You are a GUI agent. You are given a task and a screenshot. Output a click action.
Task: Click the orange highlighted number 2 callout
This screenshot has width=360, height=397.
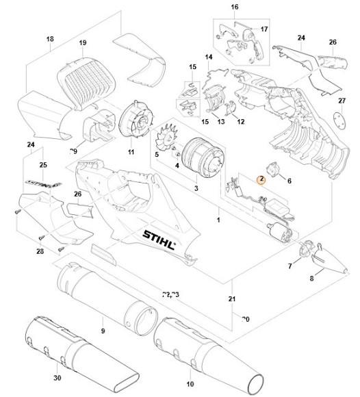click(260, 179)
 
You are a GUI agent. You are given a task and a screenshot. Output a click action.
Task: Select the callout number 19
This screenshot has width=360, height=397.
click(83, 43)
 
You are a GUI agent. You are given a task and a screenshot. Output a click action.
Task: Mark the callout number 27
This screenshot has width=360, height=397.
click(342, 101)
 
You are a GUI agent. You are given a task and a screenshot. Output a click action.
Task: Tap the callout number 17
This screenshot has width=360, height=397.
click(265, 30)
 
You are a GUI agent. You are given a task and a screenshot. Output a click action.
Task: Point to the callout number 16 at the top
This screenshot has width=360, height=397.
click(234, 7)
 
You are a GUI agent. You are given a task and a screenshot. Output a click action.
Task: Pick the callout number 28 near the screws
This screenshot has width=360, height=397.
click(40, 253)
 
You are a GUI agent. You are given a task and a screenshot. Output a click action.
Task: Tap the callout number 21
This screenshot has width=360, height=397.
click(233, 299)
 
